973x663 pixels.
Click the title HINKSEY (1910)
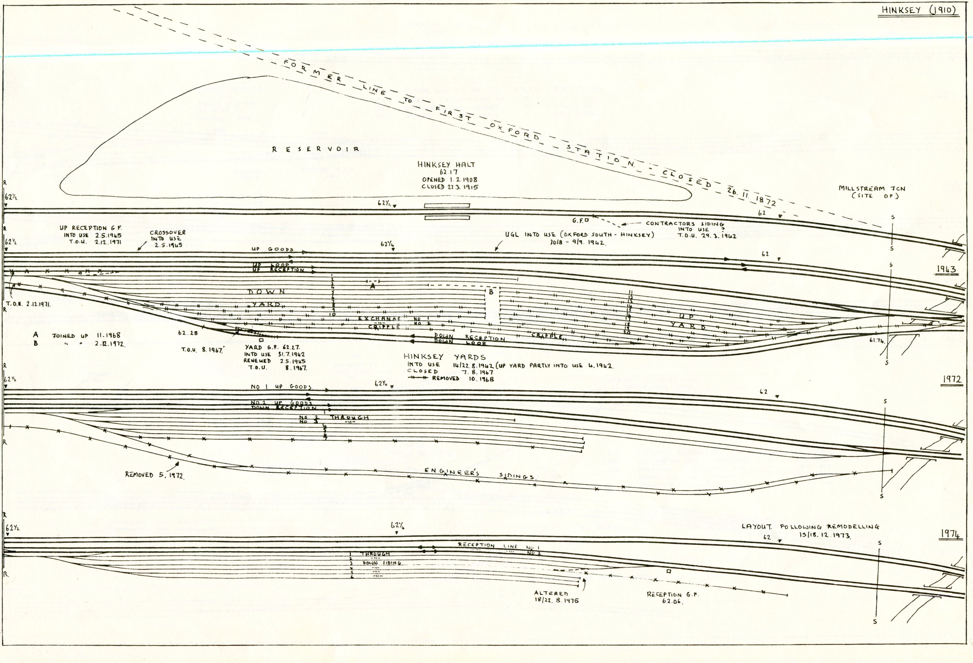pyautogui.click(x=919, y=10)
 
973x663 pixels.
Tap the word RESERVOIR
pyautogui.click(x=316, y=149)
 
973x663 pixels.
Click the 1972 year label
pyautogui.click(x=952, y=379)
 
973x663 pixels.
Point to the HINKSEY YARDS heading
pyautogui.click(x=445, y=357)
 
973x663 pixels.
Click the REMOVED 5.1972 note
pyautogui.click(x=154, y=475)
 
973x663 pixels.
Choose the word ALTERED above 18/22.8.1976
pyautogui.click(x=551, y=593)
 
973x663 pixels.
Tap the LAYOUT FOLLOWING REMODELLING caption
pyautogui.click(x=810, y=527)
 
